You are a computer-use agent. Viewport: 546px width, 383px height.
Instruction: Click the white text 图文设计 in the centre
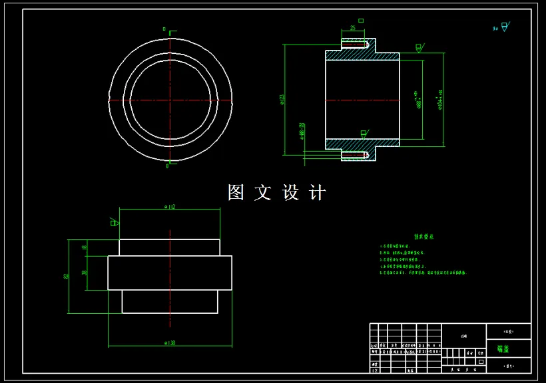click(x=276, y=193)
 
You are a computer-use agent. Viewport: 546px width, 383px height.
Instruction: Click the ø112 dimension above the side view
click(x=169, y=207)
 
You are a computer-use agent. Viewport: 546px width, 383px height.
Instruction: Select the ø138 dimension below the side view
click(x=169, y=343)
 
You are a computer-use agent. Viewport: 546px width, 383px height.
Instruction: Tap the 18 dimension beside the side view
click(x=85, y=247)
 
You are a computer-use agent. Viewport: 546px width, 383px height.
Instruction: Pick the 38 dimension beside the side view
click(x=85, y=272)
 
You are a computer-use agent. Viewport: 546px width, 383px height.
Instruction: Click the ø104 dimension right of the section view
click(x=441, y=100)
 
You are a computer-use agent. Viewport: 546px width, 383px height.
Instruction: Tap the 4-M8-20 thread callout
click(x=302, y=130)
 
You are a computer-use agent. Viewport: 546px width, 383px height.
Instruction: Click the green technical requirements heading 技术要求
click(x=423, y=236)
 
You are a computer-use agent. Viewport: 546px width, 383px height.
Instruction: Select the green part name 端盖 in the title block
click(x=503, y=348)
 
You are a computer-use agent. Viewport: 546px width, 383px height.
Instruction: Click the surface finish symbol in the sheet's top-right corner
click(x=503, y=27)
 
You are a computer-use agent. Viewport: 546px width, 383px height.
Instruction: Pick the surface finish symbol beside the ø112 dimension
click(x=115, y=222)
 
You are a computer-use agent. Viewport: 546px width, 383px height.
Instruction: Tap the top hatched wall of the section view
click(x=363, y=56)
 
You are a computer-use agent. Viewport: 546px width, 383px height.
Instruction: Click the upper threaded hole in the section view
click(x=354, y=45)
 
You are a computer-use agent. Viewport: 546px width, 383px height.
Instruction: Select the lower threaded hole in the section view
click(x=354, y=155)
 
